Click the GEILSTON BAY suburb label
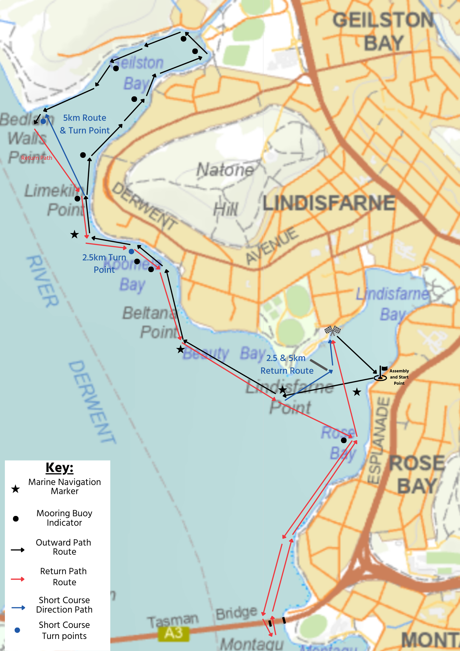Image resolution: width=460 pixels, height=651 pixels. pos(383,32)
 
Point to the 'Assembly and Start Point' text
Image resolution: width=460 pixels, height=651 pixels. pos(399,377)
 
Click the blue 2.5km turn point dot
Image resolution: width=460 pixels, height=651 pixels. pos(131,252)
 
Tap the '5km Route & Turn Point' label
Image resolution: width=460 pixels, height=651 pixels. pos(85,124)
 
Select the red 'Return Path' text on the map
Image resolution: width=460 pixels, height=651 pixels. pos(37,158)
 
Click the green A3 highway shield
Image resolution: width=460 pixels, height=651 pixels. pos(173,633)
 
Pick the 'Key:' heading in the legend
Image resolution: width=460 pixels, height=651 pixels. pos(60,468)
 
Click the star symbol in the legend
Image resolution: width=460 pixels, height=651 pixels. pos(16,489)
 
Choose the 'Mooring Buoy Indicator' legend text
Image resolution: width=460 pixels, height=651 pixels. pos(64,518)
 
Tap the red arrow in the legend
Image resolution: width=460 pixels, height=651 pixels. pos(18,579)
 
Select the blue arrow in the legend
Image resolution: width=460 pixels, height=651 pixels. pos(18,608)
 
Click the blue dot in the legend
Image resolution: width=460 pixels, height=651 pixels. pos(18,630)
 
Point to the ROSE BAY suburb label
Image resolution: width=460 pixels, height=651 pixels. pos(417,475)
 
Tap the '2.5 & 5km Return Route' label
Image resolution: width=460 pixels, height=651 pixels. pos(287,364)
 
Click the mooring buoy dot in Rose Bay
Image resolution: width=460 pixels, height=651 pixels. pos(344,440)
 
